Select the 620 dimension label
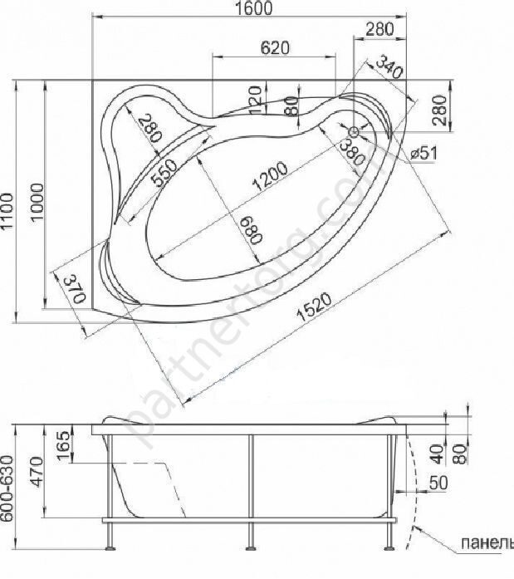pos(274,47)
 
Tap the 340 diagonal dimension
pos(389,66)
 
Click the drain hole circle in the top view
pos(354,131)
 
